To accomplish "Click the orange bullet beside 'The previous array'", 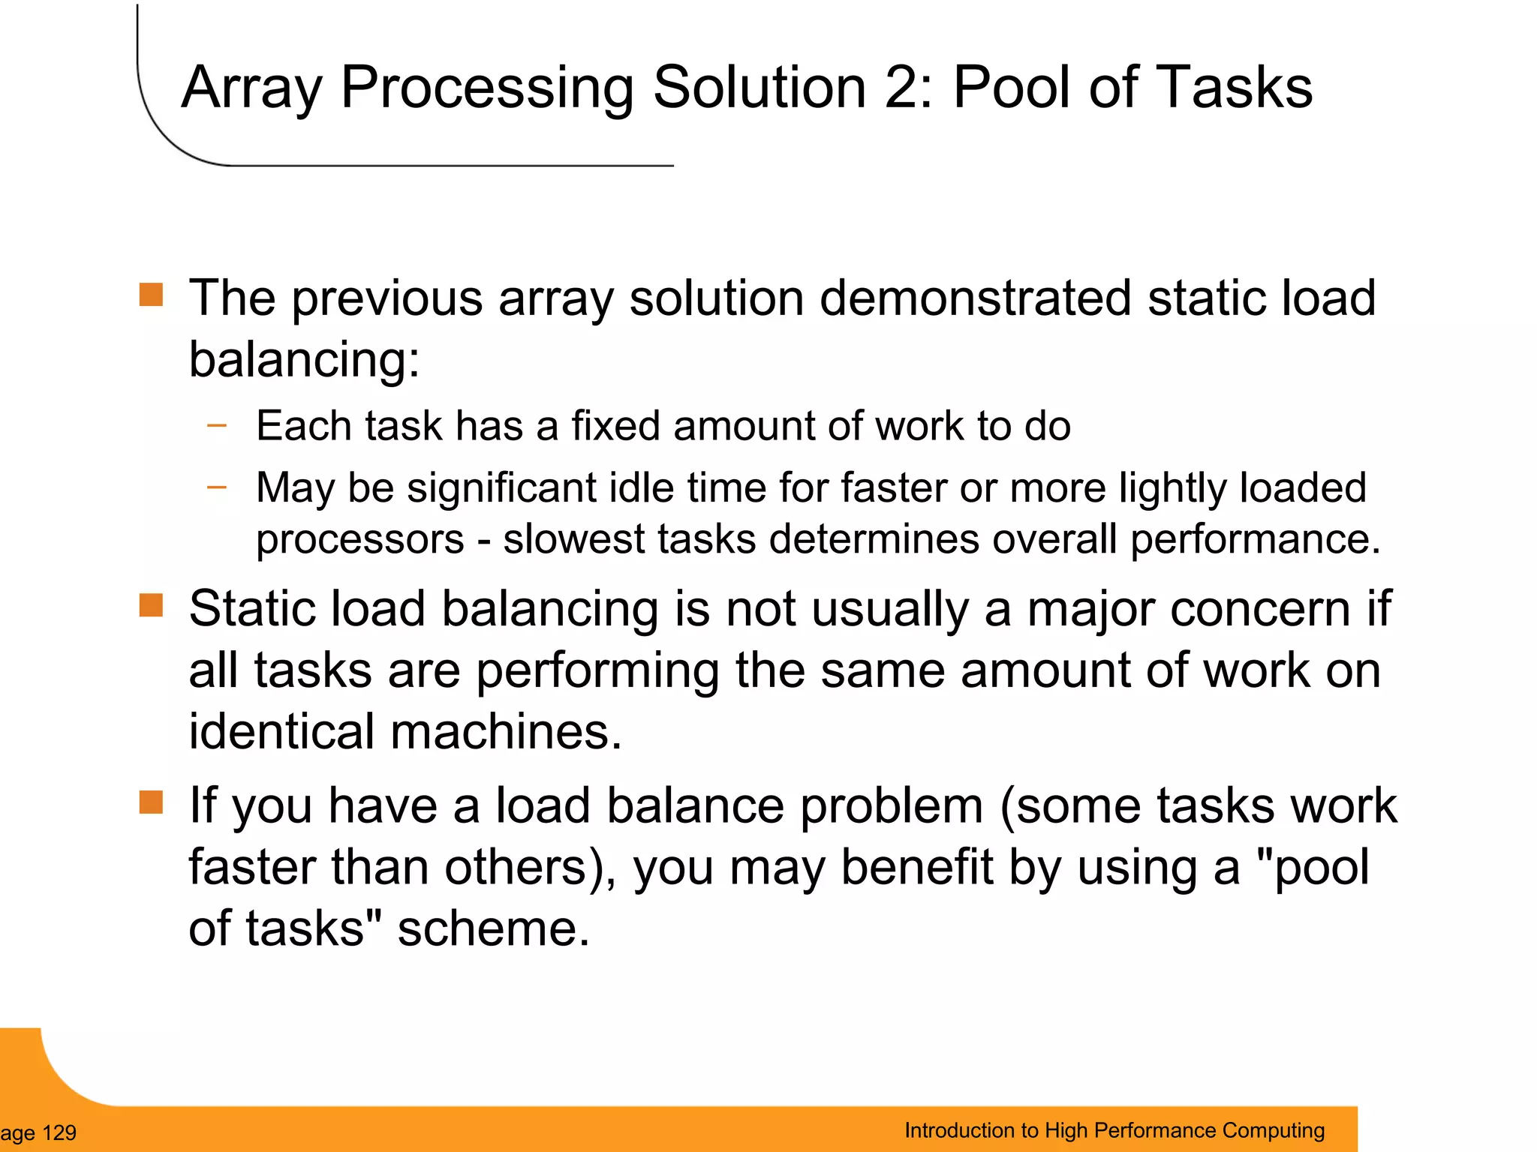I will tap(151, 295).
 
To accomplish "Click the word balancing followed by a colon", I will tap(304, 359).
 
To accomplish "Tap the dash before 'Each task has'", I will tap(217, 425).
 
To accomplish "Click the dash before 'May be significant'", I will tap(217, 487).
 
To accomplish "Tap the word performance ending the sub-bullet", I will tap(1255, 540).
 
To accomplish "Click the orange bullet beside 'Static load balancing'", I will tap(151, 604).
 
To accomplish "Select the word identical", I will tap(281, 731).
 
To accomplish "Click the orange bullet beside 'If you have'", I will tap(151, 802).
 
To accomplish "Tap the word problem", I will tap(892, 806).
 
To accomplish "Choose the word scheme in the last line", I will tap(493, 928).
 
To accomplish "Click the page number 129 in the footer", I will tap(59, 1132).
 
